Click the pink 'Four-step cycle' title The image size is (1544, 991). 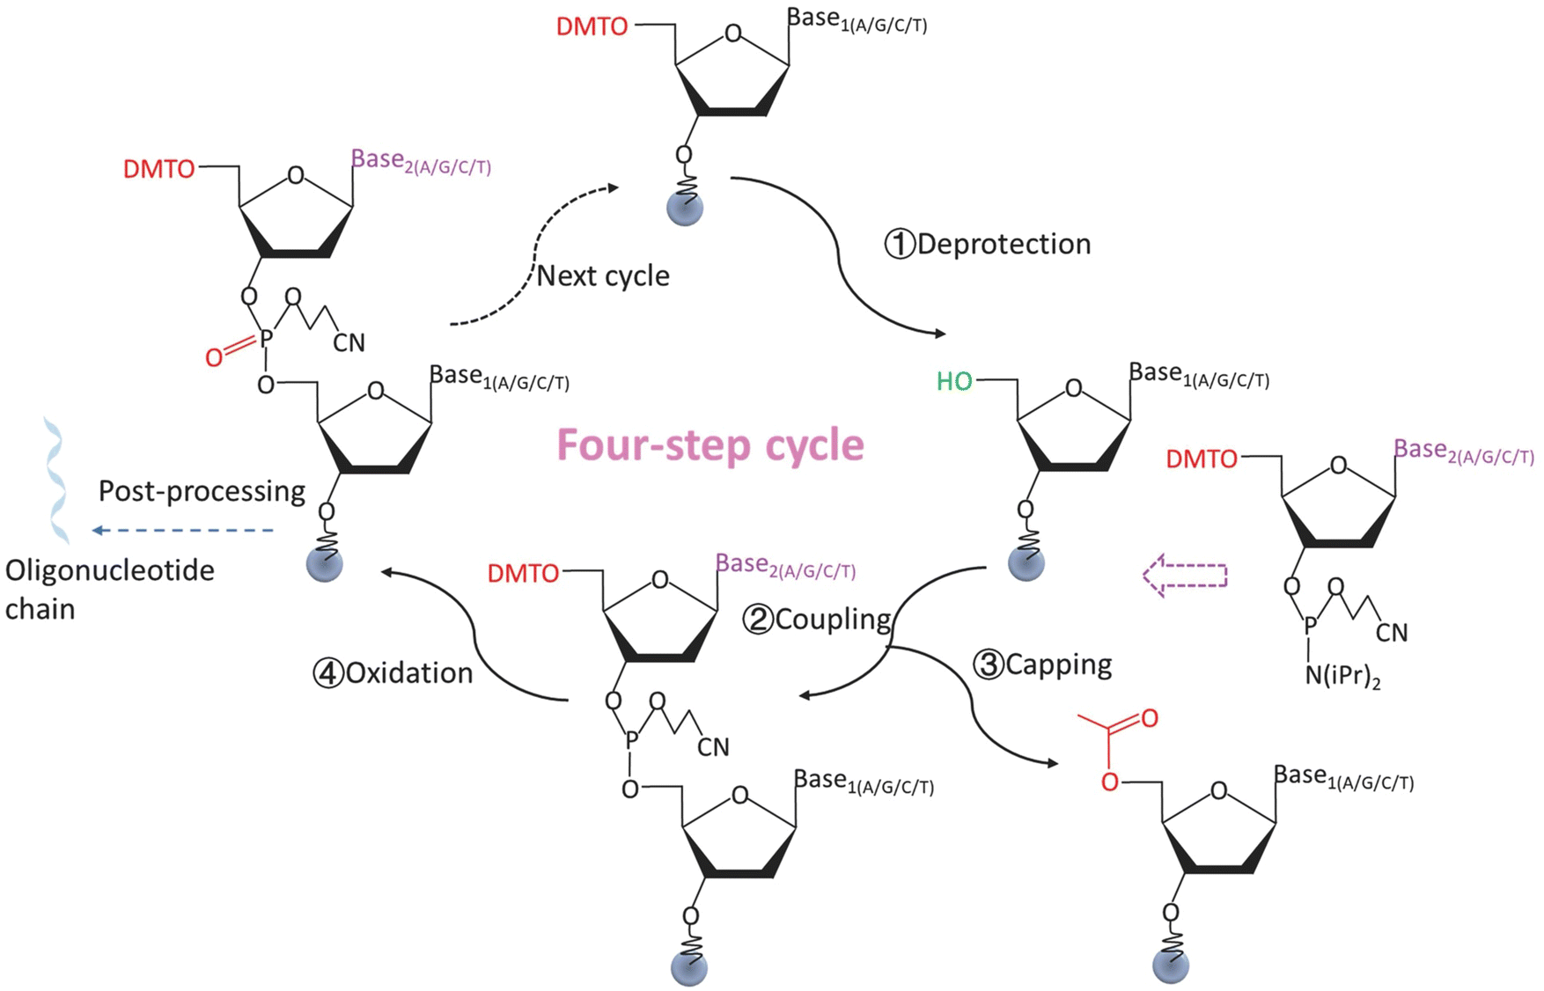(710, 444)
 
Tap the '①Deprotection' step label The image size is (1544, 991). (987, 244)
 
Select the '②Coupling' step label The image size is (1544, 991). (816, 619)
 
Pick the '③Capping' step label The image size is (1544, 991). (1042, 664)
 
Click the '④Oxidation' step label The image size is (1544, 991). (393, 673)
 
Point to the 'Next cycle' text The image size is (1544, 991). (603, 275)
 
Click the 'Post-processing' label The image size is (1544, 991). (202, 490)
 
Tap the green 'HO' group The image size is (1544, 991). (954, 381)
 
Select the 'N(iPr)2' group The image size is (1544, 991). (1342, 677)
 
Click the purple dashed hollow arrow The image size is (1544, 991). (1185, 576)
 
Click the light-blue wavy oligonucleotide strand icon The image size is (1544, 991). (56, 480)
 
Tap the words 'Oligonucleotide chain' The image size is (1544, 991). (109, 589)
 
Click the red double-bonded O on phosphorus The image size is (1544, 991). (214, 357)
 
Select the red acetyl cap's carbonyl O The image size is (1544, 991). (1149, 718)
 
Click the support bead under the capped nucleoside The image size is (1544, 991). (1170, 965)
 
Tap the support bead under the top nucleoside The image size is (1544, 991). (685, 209)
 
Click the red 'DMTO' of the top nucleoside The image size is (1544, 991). (592, 26)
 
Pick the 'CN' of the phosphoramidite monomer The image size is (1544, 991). (1392, 632)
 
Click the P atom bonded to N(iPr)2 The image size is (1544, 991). (1310, 625)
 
